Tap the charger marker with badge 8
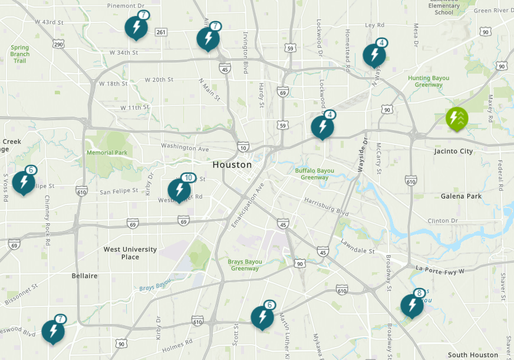pos(411,306)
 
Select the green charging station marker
pos(457,118)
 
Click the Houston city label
pos(232,165)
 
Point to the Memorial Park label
pos(107,153)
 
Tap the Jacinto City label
pos(453,151)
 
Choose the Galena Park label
pos(461,196)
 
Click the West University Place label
pos(130,253)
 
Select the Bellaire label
pos(84,276)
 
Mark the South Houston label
pos(473,355)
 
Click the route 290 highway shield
pos(58,44)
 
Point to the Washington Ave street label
pos(185,148)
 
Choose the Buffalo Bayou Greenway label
pos(315,174)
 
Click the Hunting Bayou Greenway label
pos(429,81)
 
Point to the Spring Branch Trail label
pos(19,54)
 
